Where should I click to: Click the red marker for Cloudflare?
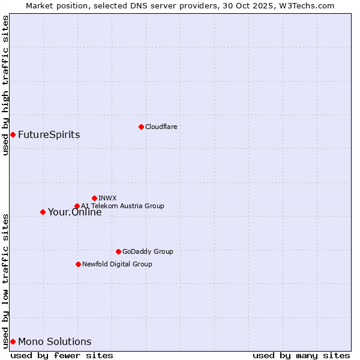click(141, 127)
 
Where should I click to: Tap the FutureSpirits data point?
click(13, 134)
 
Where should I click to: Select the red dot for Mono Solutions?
click(13, 341)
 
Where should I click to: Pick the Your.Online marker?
click(43, 212)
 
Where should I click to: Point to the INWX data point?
click(94, 198)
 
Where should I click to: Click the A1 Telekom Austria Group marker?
click(77, 206)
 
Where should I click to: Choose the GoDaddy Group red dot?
click(118, 251)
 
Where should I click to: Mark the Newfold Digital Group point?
click(78, 264)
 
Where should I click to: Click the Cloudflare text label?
click(161, 127)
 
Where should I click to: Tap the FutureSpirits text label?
click(49, 134)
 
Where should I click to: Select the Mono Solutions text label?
click(55, 341)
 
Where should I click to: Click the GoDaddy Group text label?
click(148, 251)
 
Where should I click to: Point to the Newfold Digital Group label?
click(117, 264)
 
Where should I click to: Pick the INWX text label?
click(107, 198)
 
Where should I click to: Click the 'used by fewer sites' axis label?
click(62, 355)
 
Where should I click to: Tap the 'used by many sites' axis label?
click(301, 355)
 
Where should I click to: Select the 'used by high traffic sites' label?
click(5, 85)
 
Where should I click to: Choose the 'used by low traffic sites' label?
click(5, 281)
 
